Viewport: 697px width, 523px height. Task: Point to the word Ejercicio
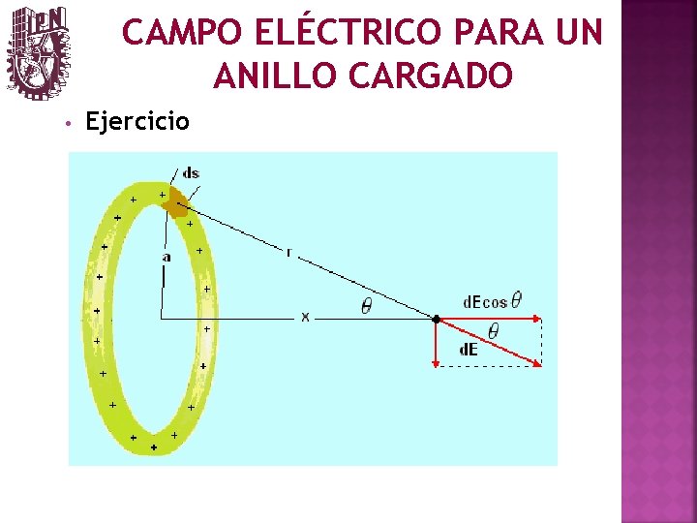pyautogui.click(x=138, y=122)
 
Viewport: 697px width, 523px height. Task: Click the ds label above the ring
pyautogui.click(x=191, y=173)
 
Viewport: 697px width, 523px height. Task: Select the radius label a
pyautogui.click(x=167, y=258)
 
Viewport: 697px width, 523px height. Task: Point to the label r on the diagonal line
pyautogui.click(x=288, y=252)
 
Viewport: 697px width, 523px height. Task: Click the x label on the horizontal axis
pyautogui.click(x=305, y=317)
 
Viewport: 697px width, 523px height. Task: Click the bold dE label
pyautogui.click(x=468, y=350)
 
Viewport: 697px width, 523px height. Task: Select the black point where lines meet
pyautogui.click(x=437, y=318)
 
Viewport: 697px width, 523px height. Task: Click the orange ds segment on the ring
pyautogui.click(x=174, y=201)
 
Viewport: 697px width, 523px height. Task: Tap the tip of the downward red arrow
pyautogui.click(x=437, y=365)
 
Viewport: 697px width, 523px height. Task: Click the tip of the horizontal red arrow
pyautogui.click(x=539, y=319)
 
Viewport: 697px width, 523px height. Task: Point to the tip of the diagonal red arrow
pyautogui.click(x=539, y=365)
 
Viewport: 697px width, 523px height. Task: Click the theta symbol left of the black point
pyautogui.click(x=366, y=305)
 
